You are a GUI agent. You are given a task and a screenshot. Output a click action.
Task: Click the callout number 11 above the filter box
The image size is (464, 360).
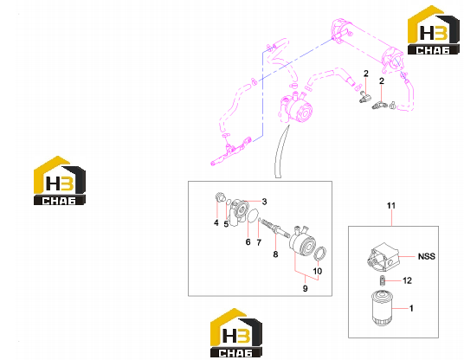point(391,205)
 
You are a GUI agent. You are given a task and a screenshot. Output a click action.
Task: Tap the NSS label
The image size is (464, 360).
point(427,256)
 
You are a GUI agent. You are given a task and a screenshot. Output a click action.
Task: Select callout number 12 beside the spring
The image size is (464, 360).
point(407,280)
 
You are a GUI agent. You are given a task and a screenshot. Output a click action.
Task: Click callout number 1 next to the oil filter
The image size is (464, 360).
point(411,308)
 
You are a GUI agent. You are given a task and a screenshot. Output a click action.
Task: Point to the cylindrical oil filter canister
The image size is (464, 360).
point(382,308)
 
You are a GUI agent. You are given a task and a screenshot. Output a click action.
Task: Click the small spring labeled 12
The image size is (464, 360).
point(383,280)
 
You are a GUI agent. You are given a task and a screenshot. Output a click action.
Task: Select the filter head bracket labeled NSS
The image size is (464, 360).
point(383,256)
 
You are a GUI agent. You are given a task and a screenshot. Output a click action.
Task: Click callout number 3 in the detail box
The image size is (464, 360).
point(264,202)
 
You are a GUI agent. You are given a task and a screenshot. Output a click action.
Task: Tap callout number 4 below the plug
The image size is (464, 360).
point(216,222)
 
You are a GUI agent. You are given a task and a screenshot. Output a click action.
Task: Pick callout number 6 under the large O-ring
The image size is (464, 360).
point(248,242)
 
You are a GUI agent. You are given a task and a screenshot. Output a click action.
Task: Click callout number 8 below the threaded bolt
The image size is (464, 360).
point(275,254)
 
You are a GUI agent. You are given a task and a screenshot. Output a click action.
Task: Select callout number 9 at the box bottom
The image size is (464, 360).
point(305,288)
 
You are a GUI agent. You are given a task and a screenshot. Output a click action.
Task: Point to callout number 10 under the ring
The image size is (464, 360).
point(318,271)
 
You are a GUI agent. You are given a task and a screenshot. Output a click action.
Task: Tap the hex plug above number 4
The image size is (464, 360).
point(219,197)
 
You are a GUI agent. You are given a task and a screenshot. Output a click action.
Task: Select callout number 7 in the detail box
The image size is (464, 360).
point(259,242)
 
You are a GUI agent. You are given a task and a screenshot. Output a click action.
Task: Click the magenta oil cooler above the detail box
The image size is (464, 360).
point(296,108)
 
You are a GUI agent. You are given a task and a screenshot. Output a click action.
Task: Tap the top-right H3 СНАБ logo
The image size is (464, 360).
point(433,30)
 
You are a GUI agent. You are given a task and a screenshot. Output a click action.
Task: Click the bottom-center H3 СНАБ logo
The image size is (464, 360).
point(236,333)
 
